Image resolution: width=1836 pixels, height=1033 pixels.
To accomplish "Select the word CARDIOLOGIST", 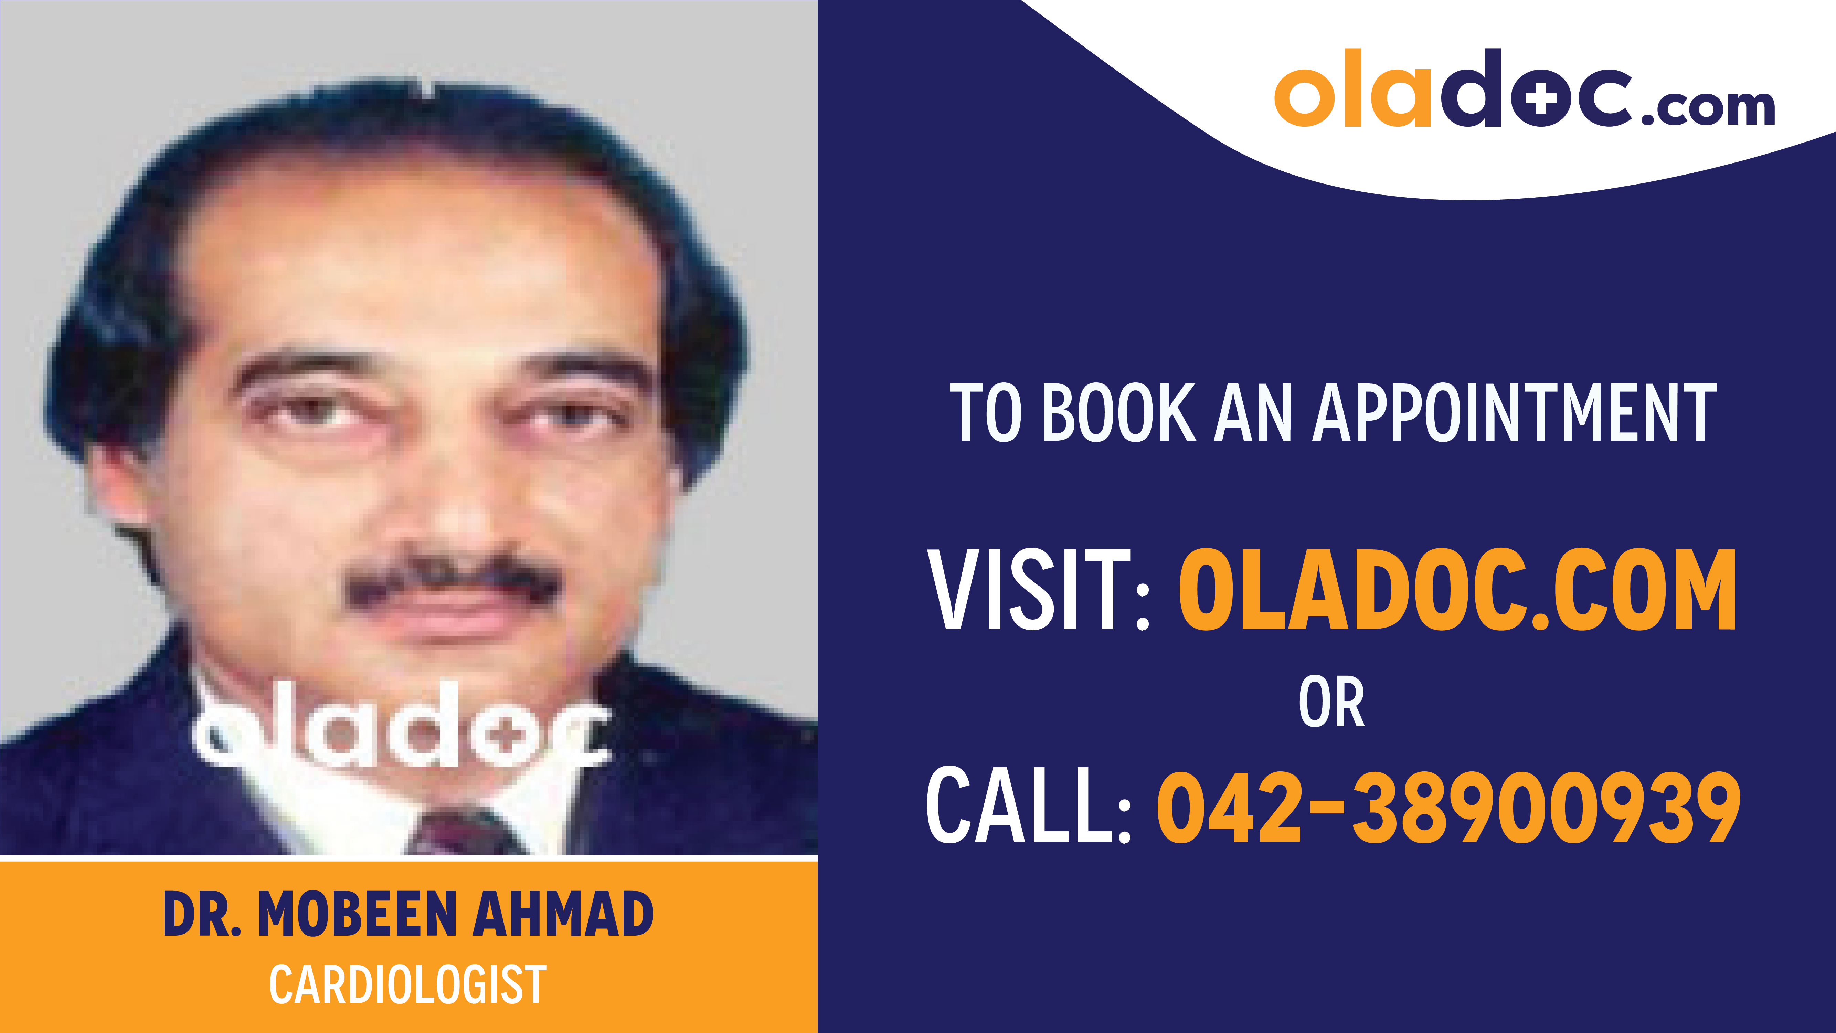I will coord(408,984).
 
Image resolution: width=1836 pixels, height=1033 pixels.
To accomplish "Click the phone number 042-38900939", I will coord(1448,808).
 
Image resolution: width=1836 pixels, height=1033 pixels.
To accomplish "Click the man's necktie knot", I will coord(463,831).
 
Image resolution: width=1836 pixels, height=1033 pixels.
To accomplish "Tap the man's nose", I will coord(456,499).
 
